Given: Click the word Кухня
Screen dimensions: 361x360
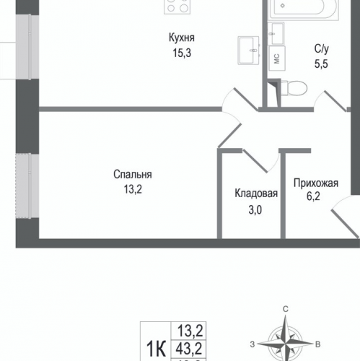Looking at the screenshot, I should (183, 38).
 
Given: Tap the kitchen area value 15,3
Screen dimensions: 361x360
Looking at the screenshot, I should (183, 52).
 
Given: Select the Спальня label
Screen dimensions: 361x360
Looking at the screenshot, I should (132, 175).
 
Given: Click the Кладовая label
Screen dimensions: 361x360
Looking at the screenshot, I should (256, 193).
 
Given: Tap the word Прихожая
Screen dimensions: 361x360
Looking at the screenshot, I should (316, 183).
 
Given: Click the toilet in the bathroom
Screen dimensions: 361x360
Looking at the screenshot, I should (291, 87).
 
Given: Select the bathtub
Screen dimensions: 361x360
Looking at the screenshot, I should (298, 10).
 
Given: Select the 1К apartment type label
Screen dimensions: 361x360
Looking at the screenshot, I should (154, 348).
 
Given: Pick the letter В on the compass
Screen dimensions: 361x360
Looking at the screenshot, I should (318, 344).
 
